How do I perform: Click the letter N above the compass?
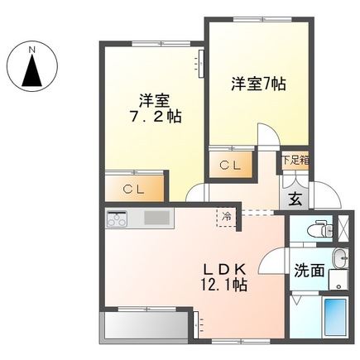(33, 49)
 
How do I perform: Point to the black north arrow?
(33, 72)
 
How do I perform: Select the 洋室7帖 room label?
(257, 84)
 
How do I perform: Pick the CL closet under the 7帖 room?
(231, 166)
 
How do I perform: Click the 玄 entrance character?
(295, 198)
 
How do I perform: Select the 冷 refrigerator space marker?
(226, 215)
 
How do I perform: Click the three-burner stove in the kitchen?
(117, 219)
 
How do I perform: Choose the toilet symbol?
(315, 228)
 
